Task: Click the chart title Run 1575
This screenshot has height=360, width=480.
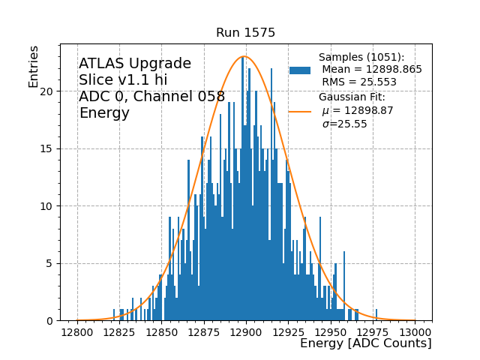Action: pyautogui.click(x=245, y=33)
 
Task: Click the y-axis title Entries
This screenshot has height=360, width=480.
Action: pyautogui.click(x=34, y=65)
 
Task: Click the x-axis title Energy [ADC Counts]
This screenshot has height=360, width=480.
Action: pyautogui.click(x=365, y=343)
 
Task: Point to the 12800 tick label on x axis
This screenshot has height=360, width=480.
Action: pyautogui.click(x=77, y=331)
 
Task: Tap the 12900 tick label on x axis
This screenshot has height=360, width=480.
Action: pyautogui.click(x=246, y=331)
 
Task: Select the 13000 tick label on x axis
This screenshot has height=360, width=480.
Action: pyautogui.click(x=415, y=331)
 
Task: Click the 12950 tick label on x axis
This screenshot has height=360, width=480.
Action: pyautogui.click(x=331, y=331)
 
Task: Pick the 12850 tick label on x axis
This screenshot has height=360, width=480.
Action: pyautogui.click(x=162, y=331)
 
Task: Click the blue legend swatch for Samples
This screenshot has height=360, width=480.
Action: pyautogui.click(x=300, y=70)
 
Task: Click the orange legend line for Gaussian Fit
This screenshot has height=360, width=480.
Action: pyautogui.click(x=300, y=111)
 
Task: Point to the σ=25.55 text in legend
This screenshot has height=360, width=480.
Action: pyautogui.click(x=344, y=124)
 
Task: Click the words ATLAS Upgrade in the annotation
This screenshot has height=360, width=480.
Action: pyautogui.click(x=135, y=64)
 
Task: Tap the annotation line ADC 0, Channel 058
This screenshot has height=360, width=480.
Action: pyautogui.click(x=151, y=97)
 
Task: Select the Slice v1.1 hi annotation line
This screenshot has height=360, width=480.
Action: pyautogui.click(x=123, y=80)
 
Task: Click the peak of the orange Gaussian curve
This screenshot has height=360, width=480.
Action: pyautogui.click(x=244, y=56)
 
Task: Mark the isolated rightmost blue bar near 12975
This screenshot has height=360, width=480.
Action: pyautogui.click(x=376, y=316)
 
